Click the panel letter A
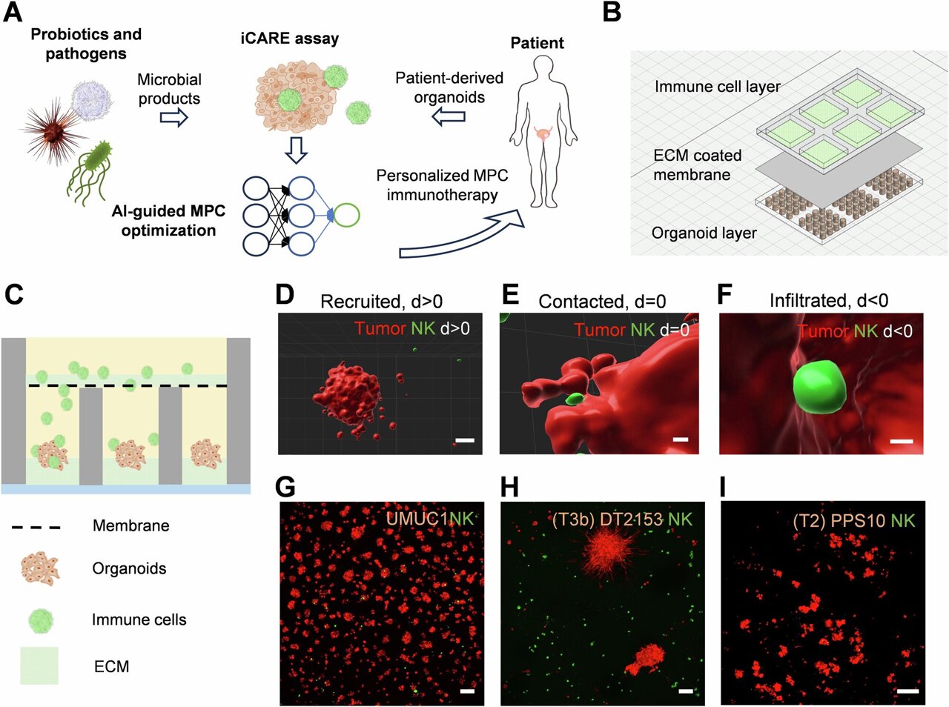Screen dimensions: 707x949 click(x=13, y=13)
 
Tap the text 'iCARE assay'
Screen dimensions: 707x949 click(x=289, y=39)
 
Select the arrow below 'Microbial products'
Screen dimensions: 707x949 click(x=174, y=118)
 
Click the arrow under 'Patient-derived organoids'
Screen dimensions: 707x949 click(x=449, y=116)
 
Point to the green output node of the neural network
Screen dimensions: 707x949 click(x=347, y=215)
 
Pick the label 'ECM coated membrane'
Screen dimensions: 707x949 click(x=697, y=165)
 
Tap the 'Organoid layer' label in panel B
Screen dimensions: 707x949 click(x=704, y=233)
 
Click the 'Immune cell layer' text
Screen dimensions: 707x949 click(x=717, y=87)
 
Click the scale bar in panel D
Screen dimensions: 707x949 click(x=464, y=441)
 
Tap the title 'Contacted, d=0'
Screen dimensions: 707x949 click(x=601, y=302)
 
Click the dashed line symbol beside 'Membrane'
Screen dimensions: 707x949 click(x=36, y=527)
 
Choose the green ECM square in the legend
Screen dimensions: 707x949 click(x=39, y=665)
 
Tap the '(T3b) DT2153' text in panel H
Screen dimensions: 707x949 click(x=607, y=520)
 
